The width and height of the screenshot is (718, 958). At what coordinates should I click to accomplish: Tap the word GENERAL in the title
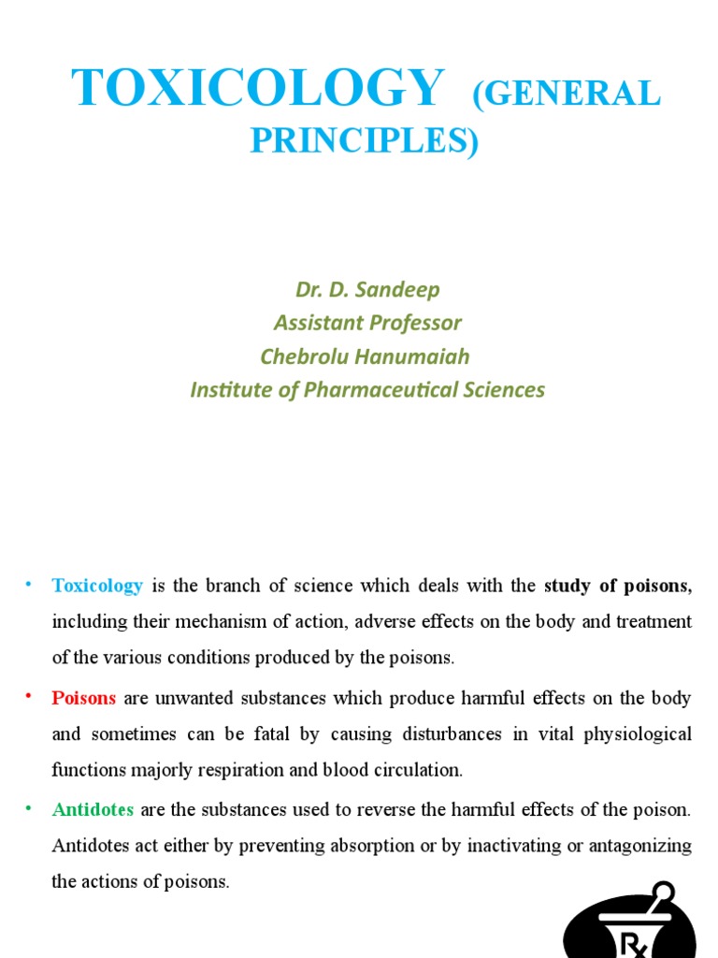567,94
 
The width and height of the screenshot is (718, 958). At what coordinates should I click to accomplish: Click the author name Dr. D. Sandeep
367,290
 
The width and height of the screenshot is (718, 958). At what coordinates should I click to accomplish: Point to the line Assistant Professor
367,323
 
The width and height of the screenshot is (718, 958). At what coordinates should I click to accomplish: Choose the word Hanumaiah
416,356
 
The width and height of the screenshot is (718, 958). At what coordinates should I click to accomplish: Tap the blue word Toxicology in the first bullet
97,586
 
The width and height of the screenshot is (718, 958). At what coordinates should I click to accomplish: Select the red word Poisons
84,698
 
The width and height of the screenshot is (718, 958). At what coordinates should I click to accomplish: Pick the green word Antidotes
93,809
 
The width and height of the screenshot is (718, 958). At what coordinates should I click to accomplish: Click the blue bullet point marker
29,585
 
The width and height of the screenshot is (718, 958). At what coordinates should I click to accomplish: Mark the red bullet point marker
29,697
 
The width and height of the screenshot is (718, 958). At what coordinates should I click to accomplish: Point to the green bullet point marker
29,808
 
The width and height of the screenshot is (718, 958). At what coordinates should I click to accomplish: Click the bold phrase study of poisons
616,586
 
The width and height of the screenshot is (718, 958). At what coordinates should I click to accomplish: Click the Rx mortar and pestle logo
631,923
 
